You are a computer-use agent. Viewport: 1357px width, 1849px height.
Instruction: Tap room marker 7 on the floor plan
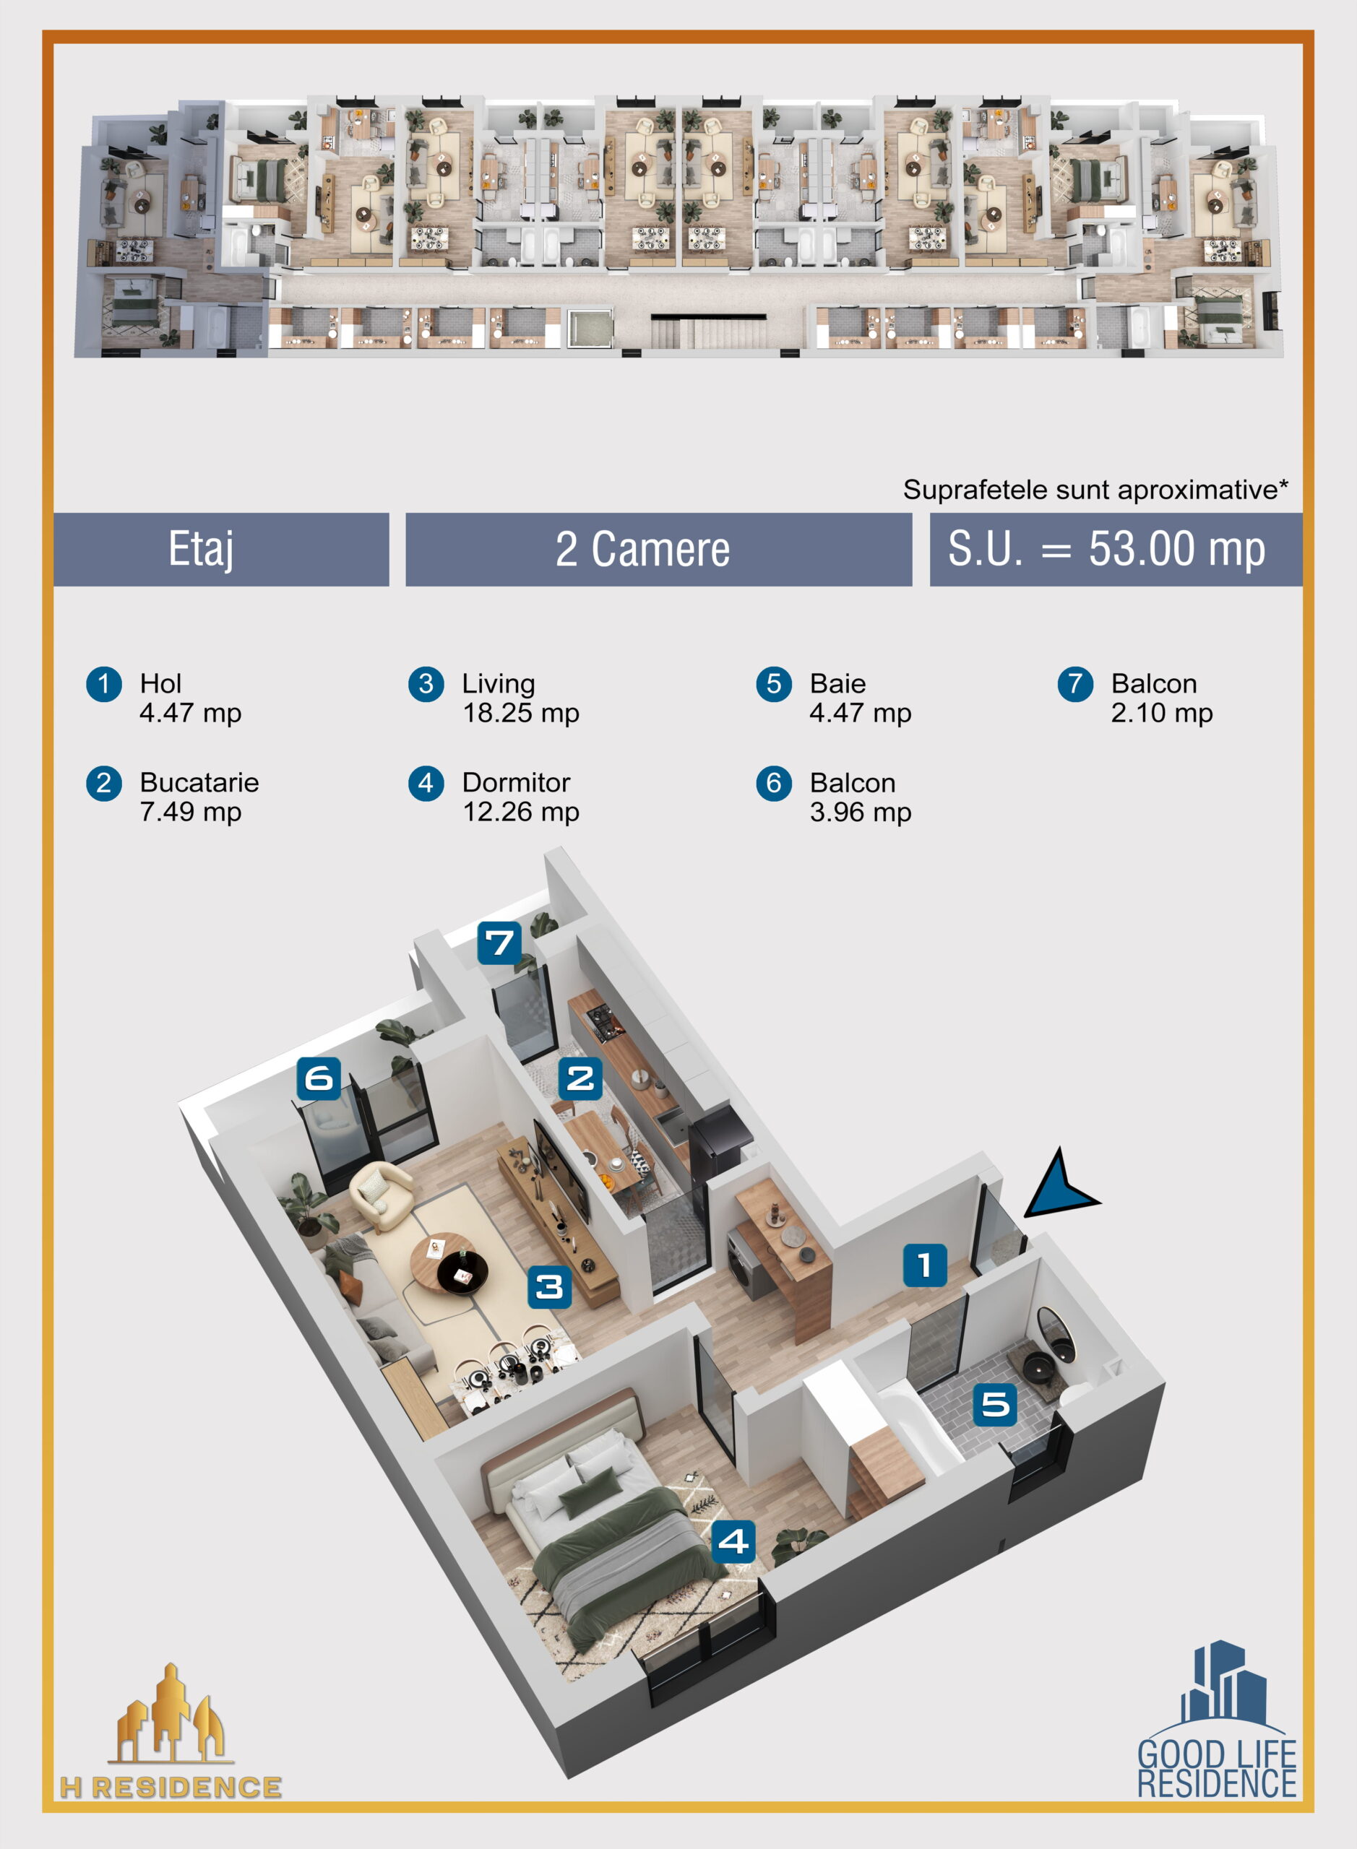click(x=500, y=943)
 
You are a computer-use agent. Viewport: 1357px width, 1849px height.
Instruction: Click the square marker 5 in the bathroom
click(x=995, y=1404)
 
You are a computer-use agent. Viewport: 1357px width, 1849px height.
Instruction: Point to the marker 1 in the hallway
click(x=925, y=1265)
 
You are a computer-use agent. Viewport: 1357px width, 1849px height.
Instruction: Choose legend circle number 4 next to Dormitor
click(x=426, y=782)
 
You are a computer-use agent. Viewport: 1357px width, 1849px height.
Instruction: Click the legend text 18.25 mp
click(x=521, y=713)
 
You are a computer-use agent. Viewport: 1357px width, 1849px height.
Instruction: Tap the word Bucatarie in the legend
click(x=199, y=781)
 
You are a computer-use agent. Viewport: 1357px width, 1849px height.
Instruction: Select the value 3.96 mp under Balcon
click(x=860, y=812)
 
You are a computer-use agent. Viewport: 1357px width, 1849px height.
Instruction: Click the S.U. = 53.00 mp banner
click(x=1116, y=549)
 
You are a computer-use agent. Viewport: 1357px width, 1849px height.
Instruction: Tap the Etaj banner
click(x=221, y=549)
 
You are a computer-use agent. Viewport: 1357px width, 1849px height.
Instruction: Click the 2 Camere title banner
click(x=659, y=549)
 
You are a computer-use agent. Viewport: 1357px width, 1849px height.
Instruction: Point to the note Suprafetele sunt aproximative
click(x=1095, y=490)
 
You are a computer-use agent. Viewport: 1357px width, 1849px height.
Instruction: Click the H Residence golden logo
click(x=171, y=1731)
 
